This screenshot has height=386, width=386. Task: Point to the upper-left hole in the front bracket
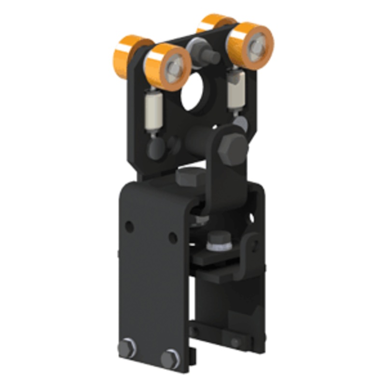coord(129,225)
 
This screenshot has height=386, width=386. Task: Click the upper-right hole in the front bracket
coord(172,237)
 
